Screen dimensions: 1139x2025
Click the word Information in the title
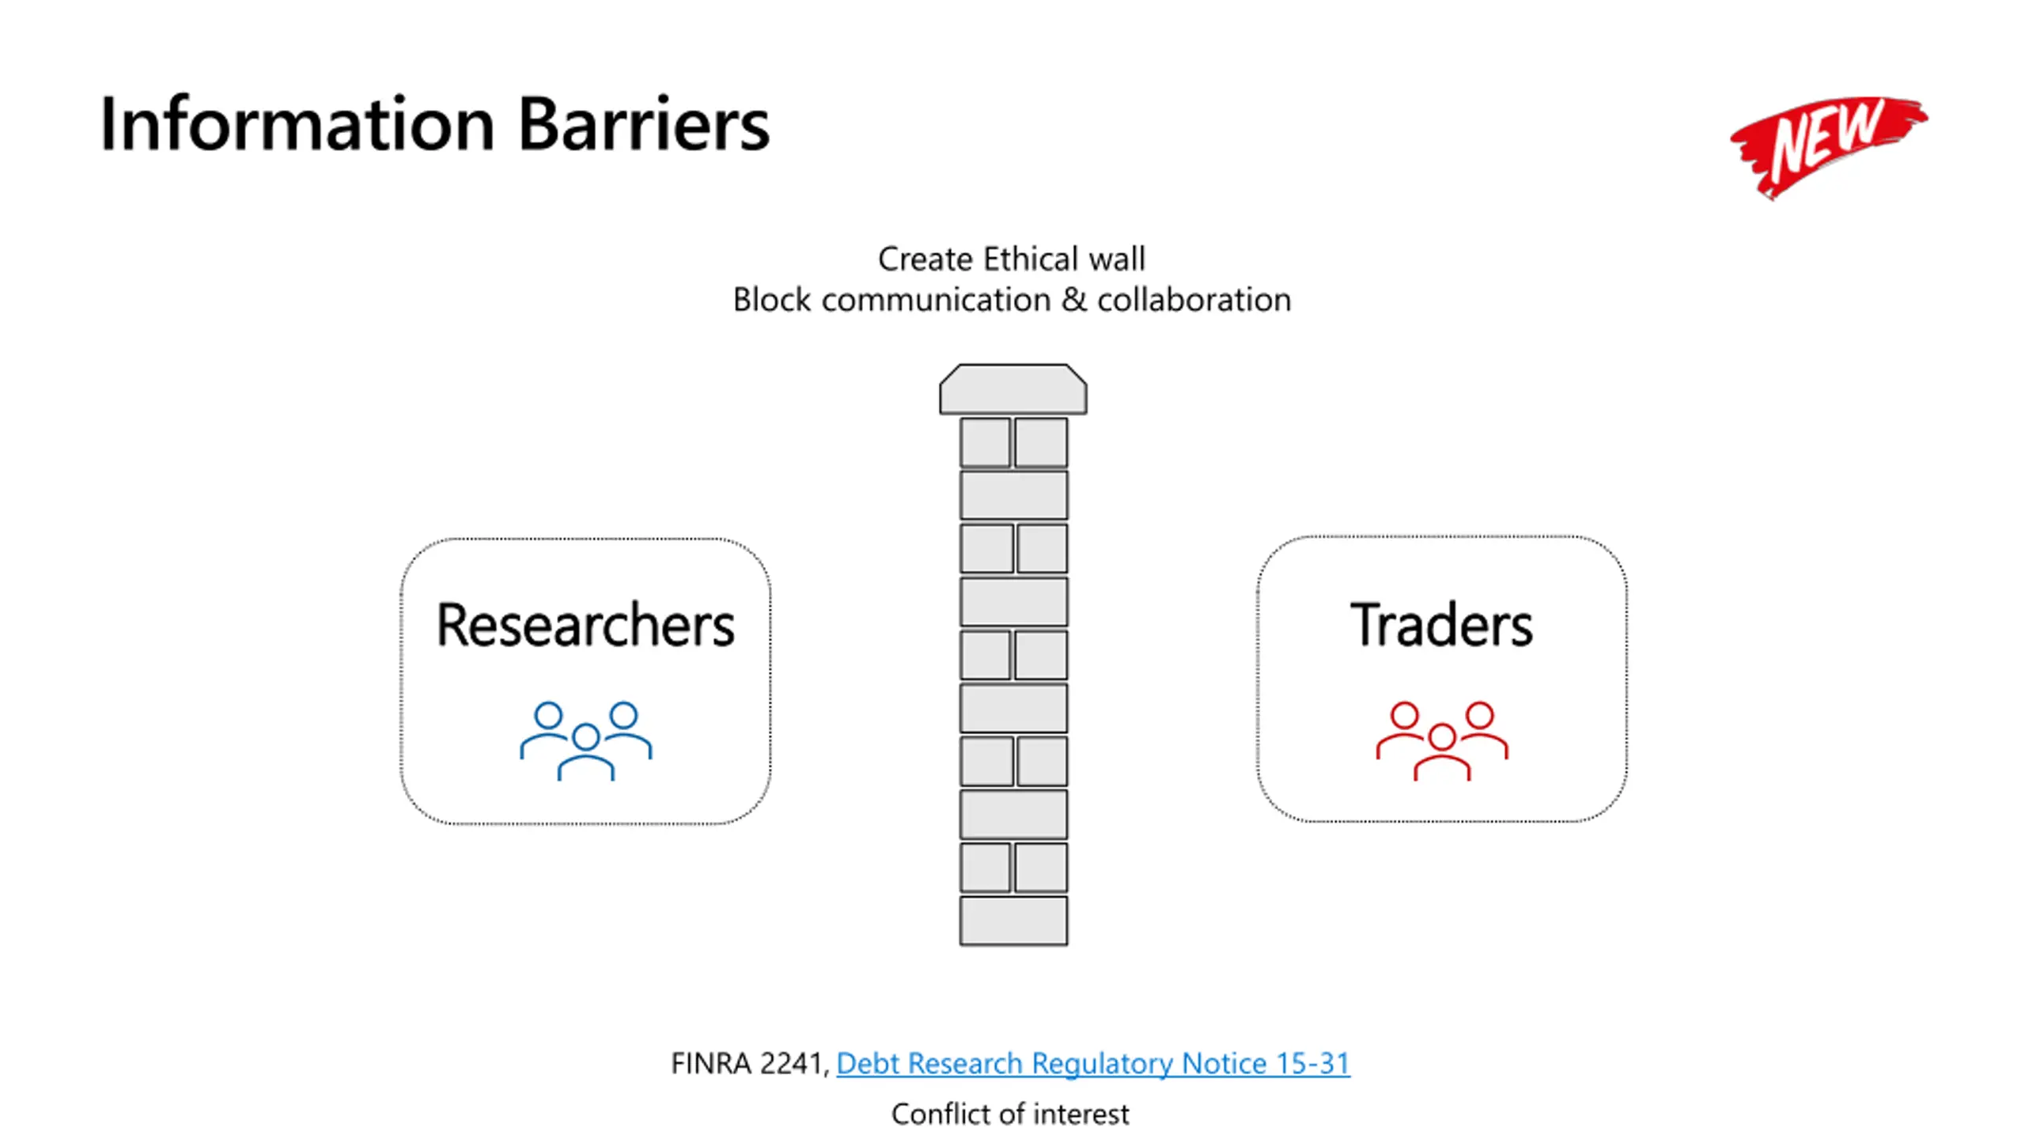[x=297, y=124]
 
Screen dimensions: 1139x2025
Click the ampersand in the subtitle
[x=1074, y=301]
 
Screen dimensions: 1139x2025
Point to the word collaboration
[x=1194, y=301]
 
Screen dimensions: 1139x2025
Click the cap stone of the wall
[x=1012, y=389]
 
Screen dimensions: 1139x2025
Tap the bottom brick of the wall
[x=1013, y=921]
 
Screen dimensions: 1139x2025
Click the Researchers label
[x=585, y=625]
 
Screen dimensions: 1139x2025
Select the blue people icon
[x=585, y=740]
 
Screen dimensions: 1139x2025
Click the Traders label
[x=1441, y=625]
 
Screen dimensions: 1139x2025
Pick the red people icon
[x=1441, y=740]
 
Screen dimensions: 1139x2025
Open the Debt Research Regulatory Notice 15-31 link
[x=1092, y=1064]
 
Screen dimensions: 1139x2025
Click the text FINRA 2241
[x=747, y=1064]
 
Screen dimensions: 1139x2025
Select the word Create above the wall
[x=925, y=259]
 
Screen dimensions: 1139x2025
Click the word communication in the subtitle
[x=936, y=301]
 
